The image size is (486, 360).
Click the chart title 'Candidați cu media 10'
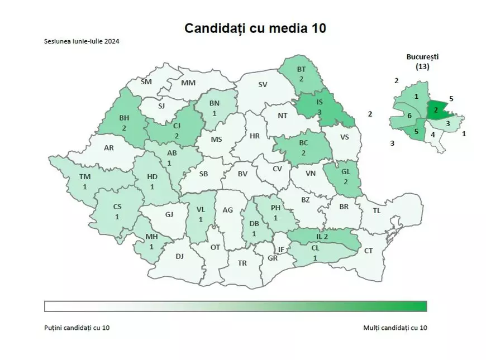click(255, 28)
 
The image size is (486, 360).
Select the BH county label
click(125, 118)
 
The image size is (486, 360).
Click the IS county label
click(320, 102)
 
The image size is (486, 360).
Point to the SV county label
click(263, 85)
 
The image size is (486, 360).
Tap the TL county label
click(377, 210)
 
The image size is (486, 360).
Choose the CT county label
click(368, 251)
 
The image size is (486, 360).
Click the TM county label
click(84, 177)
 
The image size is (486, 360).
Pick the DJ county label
click(179, 256)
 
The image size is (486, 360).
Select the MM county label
click(188, 83)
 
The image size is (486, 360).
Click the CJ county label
click(177, 126)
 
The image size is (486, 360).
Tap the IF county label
click(281, 249)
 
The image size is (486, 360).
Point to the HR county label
click(255, 136)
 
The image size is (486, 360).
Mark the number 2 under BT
click(301, 79)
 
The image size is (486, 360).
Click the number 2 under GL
click(345, 182)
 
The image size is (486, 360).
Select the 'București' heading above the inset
click(422, 57)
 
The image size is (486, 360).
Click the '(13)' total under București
click(422, 66)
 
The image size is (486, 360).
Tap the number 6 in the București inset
click(409, 116)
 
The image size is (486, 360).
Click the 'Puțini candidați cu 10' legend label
click(77, 327)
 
